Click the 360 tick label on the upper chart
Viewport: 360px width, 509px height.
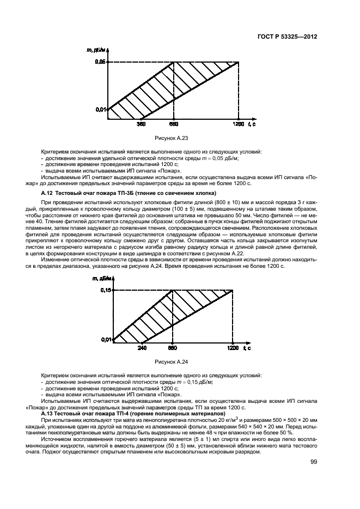(141, 125)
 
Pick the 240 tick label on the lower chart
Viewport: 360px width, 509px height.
(142, 347)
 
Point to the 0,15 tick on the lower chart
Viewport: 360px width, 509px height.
(106, 291)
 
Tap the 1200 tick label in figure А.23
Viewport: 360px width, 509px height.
(239, 125)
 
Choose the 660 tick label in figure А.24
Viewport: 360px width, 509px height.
(173, 347)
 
